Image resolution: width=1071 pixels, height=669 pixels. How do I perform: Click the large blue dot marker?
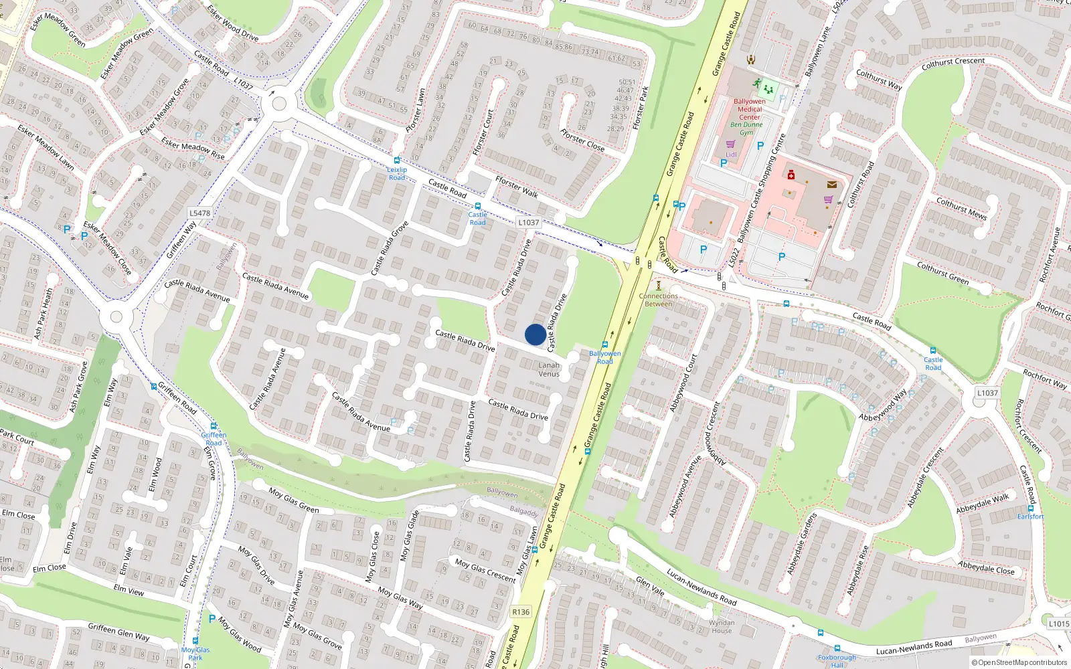tap(535, 334)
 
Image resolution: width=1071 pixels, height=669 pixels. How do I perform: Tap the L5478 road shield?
tap(199, 213)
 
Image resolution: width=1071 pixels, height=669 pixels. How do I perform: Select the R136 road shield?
tap(521, 612)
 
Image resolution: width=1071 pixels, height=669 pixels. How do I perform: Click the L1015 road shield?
tap(1059, 624)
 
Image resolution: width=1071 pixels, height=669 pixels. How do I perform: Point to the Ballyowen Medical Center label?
tap(749, 109)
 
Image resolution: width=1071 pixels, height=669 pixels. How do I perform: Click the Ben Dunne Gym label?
tap(746, 128)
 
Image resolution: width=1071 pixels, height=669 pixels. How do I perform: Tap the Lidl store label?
tap(731, 155)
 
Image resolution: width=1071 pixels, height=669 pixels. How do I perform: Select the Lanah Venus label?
tap(549, 369)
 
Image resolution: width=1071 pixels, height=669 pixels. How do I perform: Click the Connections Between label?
tap(658, 300)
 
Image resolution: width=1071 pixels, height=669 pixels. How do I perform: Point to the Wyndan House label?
tap(722, 626)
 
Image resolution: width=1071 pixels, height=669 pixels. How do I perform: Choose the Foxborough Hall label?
tap(837, 661)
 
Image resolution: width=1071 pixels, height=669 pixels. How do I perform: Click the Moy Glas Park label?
tap(195, 654)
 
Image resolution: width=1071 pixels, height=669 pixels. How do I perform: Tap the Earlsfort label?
tap(1030, 516)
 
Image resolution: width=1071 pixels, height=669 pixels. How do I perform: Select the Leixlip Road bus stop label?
tap(397, 173)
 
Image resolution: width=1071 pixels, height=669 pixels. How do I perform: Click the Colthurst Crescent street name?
tap(953, 64)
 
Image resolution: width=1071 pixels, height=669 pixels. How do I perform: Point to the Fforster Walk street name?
tap(516, 187)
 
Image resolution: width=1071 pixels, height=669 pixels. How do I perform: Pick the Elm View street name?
tap(129, 590)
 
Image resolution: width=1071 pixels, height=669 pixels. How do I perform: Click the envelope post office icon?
tap(831, 185)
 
